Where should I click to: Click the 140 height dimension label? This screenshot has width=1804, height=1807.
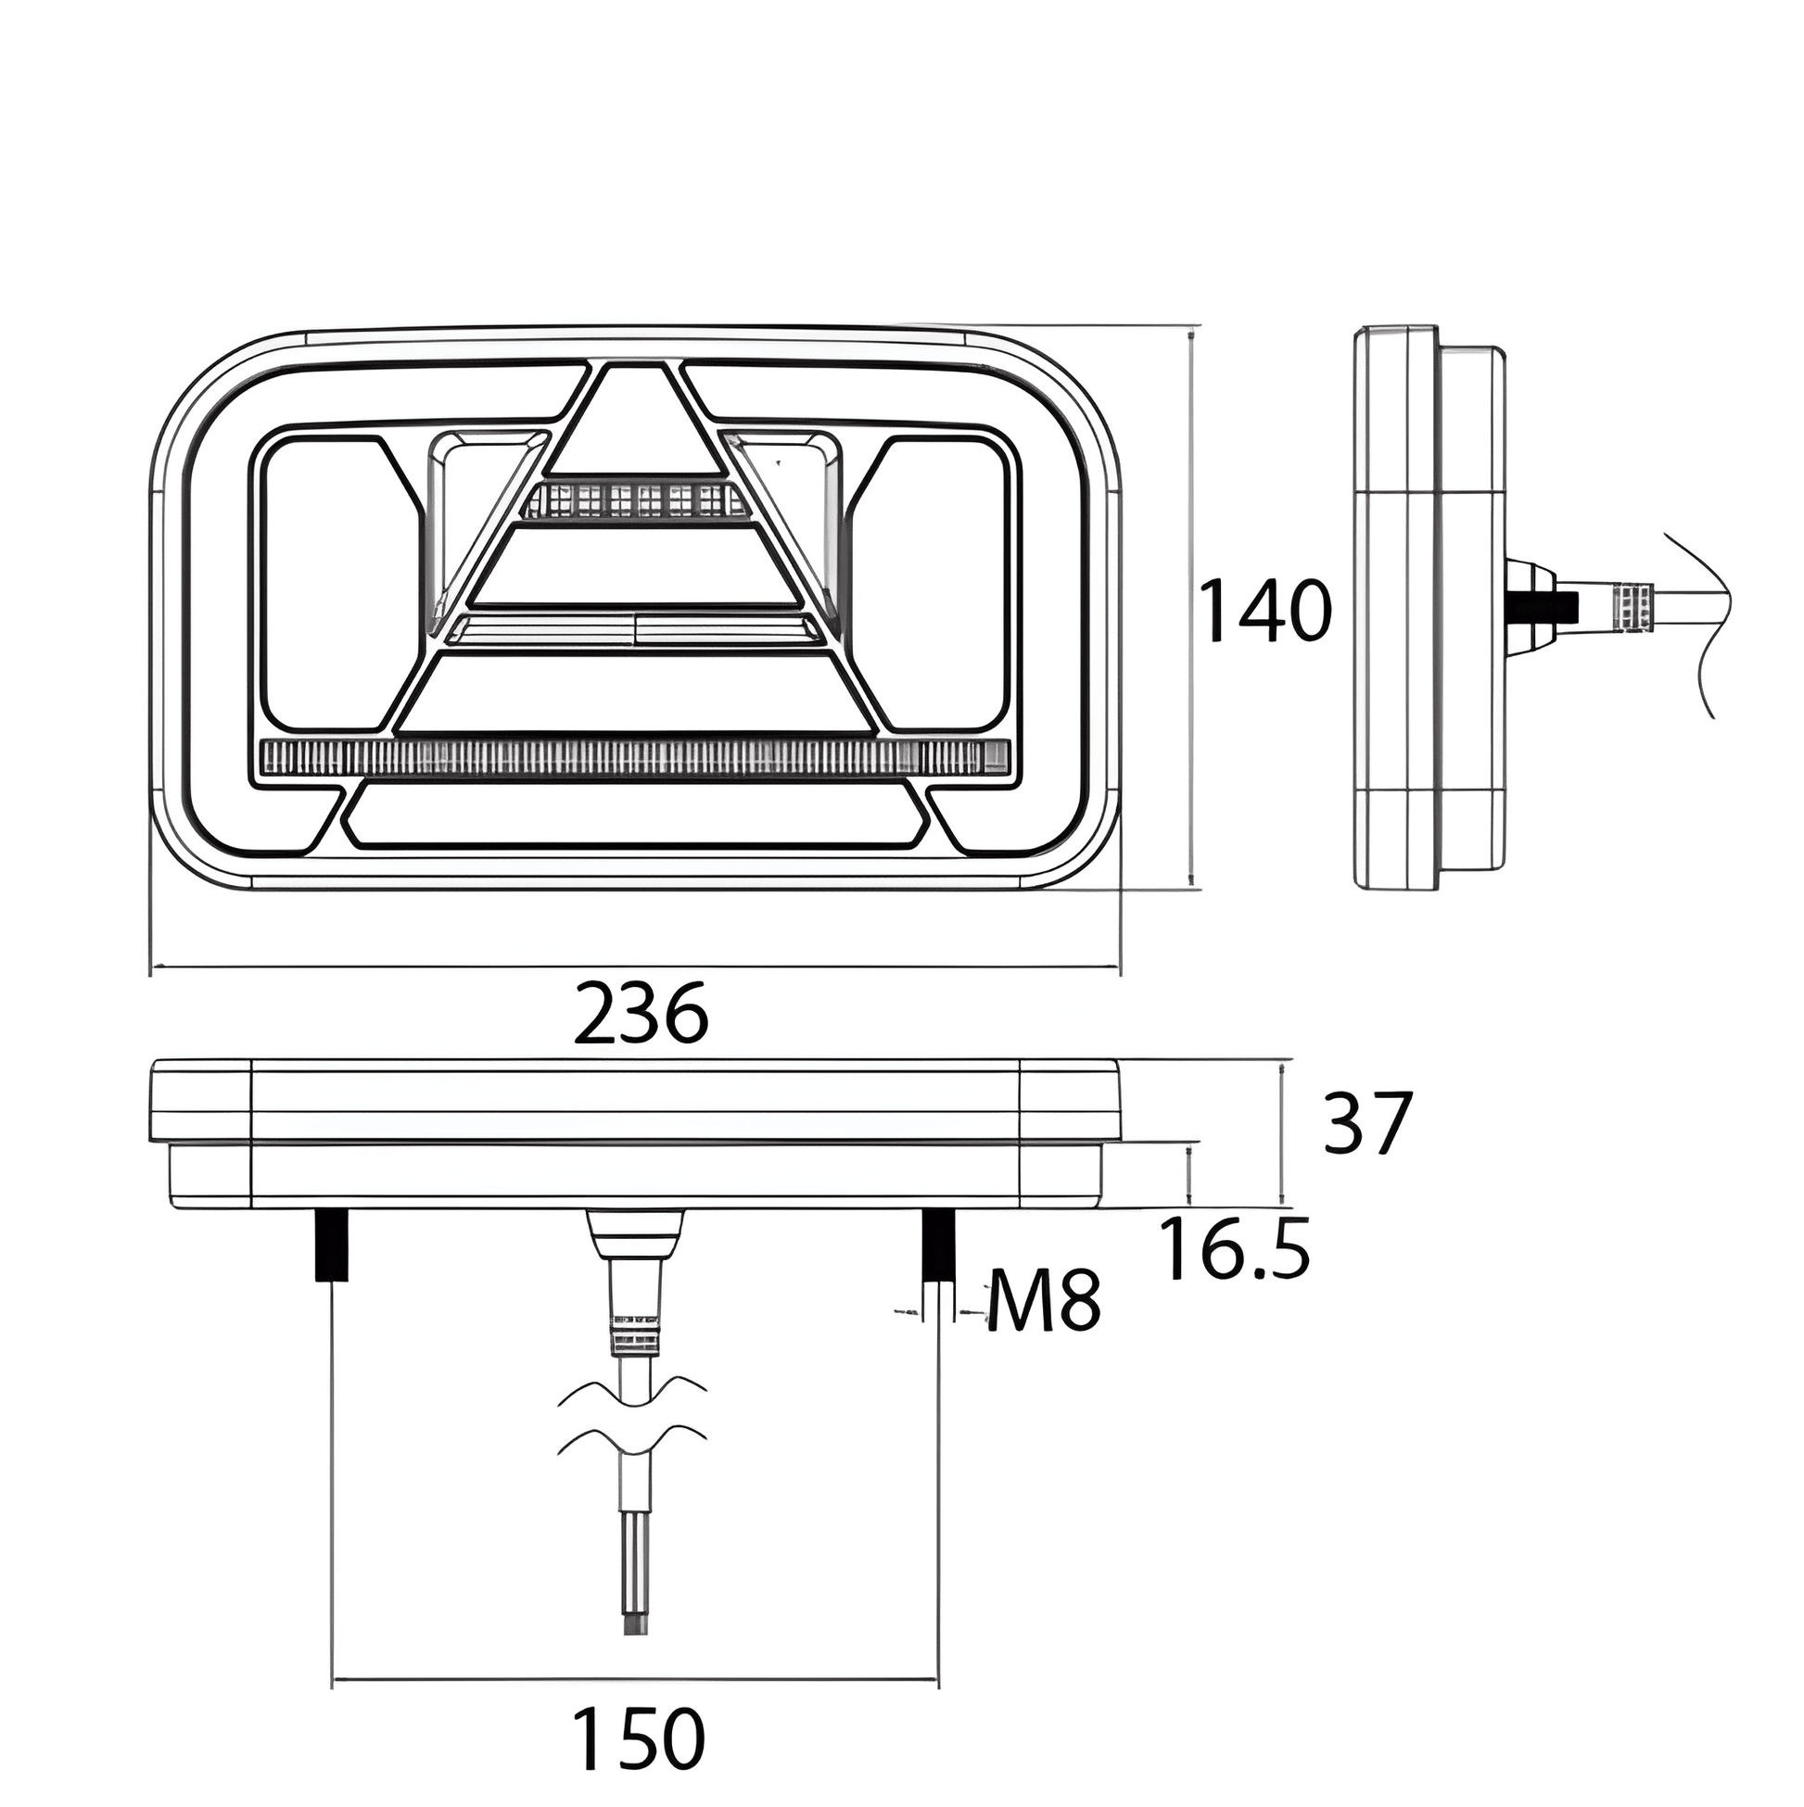coord(1264,611)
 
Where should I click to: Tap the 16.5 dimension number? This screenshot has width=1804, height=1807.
coord(1234,1249)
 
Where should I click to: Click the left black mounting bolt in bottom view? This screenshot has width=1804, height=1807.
coord(332,1245)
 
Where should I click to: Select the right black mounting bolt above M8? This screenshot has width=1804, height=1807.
coord(938,1245)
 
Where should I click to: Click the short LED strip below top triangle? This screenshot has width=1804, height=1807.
coord(637,500)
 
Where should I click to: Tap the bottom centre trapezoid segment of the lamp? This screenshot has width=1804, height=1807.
coord(636,815)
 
